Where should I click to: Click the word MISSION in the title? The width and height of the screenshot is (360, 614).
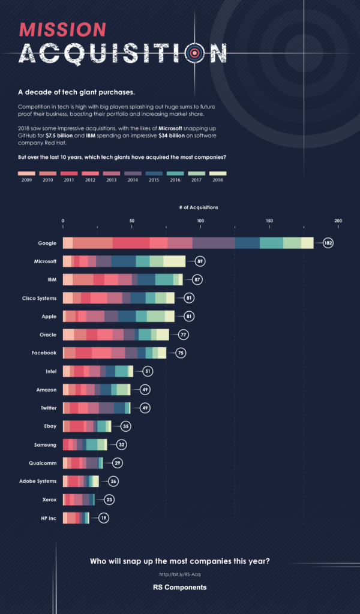click(x=62, y=29)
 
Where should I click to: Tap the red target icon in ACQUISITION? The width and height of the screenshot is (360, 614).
click(x=194, y=53)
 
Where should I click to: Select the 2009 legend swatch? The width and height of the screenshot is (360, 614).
click(x=27, y=172)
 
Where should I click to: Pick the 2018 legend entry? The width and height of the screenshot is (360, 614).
click(x=218, y=172)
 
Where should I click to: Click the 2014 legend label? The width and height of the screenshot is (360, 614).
click(x=133, y=179)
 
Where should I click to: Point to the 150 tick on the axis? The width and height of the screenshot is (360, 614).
click(x=269, y=221)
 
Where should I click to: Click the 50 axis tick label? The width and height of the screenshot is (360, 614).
click(x=131, y=221)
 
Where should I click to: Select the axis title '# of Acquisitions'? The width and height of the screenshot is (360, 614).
click(x=199, y=207)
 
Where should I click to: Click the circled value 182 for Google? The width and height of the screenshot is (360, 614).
click(x=327, y=243)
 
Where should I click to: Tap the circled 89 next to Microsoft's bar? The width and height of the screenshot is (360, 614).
click(x=199, y=261)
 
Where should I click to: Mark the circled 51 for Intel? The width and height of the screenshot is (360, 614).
click(x=147, y=372)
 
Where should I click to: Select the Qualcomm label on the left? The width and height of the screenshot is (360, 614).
click(x=43, y=463)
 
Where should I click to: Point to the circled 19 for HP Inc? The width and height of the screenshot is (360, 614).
click(x=103, y=518)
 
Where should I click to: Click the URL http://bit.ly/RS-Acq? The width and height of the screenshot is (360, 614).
click(x=179, y=574)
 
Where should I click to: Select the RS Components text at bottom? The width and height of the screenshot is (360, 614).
click(x=179, y=588)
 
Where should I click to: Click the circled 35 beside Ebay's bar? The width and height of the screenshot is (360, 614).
click(x=125, y=426)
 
